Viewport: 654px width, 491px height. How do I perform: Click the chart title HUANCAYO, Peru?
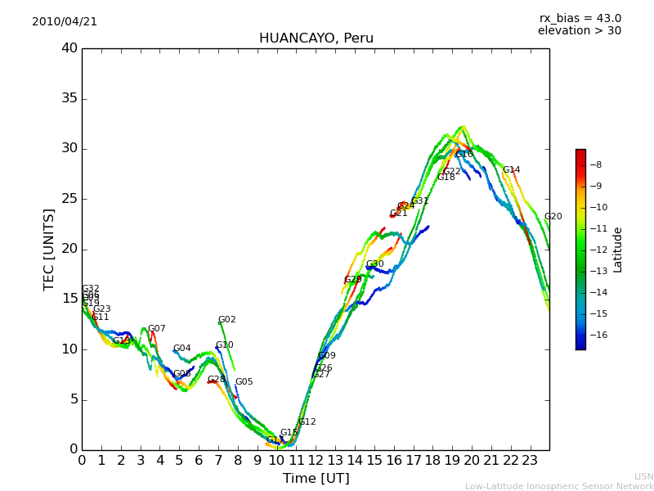[x=316, y=38]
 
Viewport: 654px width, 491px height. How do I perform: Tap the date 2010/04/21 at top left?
[x=65, y=22]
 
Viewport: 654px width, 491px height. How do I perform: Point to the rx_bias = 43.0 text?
[x=580, y=19]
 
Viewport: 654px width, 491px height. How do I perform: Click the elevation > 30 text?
[x=579, y=31]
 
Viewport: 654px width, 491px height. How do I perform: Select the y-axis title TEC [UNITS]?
[x=50, y=249]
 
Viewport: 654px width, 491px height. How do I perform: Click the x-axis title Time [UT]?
[x=316, y=479]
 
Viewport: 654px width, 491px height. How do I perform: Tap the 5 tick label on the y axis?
[x=73, y=399]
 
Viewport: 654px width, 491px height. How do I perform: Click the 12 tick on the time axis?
[x=316, y=460]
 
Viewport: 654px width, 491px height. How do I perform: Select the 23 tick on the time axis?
[x=530, y=460]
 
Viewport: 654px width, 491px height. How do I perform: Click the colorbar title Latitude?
[x=618, y=249]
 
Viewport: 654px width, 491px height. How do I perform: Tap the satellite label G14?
[x=512, y=170]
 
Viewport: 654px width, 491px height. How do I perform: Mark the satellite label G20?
[x=553, y=217]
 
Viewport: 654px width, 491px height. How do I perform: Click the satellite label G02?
[x=227, y=320]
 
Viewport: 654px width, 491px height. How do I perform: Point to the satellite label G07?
[x=157, y=329]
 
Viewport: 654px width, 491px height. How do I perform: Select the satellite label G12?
[x=307, y=422]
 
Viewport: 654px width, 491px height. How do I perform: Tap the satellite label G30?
[x=375, y=264]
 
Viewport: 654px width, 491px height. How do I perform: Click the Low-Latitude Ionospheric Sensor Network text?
[x=559, y=486]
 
